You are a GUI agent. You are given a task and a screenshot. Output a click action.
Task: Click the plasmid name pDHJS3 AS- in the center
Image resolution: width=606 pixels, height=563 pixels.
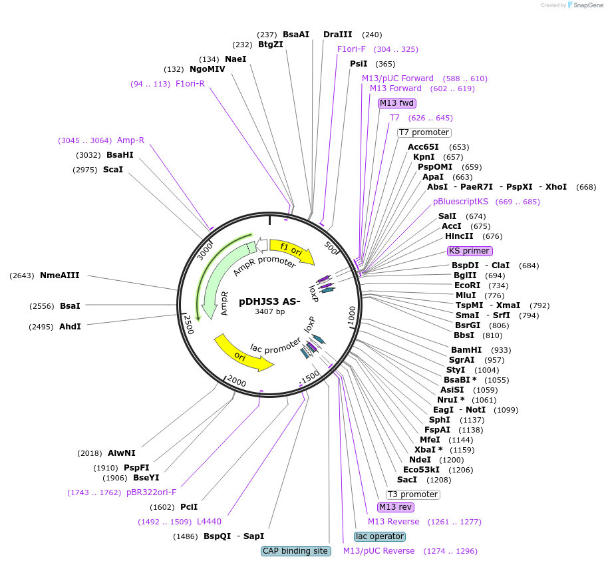[x=269, y=301]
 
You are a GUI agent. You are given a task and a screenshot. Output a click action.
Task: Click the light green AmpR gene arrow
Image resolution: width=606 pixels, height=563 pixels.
[x=216, y=293]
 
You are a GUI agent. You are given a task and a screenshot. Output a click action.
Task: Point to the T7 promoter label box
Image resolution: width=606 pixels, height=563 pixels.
[x=424, y=132]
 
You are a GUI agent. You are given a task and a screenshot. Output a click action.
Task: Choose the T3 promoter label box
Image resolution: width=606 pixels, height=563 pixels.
[x=413, y=494]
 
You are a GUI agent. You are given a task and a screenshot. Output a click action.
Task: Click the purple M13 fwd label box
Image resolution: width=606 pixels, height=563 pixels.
[x=397, y=103]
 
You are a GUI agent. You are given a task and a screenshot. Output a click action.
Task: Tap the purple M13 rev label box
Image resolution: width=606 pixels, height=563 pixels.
[x=395, y=507]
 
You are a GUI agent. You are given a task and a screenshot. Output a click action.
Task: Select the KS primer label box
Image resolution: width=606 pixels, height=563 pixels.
[x=470, y=251]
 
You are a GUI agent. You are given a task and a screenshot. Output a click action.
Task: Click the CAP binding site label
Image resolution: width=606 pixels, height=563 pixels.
[x=296, y=551]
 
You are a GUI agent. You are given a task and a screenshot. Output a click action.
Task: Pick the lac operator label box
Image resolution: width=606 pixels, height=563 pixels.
[x=379, y=536]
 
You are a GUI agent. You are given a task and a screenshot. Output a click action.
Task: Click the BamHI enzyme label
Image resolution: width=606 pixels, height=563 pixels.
[x=466, y=349]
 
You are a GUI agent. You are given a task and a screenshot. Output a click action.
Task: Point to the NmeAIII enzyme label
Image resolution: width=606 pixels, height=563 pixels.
[x=60, y=275]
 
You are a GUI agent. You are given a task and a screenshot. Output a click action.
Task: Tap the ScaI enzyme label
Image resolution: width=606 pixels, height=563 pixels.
[x=113, y=170]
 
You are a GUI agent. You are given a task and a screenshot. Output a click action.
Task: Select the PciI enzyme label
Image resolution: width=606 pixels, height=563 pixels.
[x=189, y=507]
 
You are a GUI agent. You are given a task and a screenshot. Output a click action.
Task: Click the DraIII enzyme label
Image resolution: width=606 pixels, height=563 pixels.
[x=338, y=35]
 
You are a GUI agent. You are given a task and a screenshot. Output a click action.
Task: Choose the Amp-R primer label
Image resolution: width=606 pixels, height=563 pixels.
[x=130, y=140]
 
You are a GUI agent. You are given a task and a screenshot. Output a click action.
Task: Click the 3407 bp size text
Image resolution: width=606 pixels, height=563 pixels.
[x=269, y=311]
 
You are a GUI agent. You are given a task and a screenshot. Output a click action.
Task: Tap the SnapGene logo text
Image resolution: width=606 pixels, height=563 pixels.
[x=585, y=5]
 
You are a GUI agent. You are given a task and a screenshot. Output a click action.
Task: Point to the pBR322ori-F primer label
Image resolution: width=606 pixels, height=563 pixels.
[x=152, y=492]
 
